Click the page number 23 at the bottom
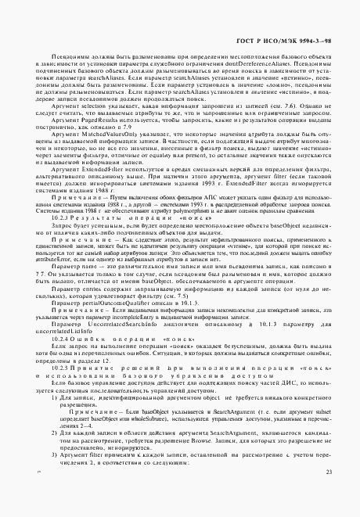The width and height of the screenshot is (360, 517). pyautogui.click(x=329, y=493)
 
